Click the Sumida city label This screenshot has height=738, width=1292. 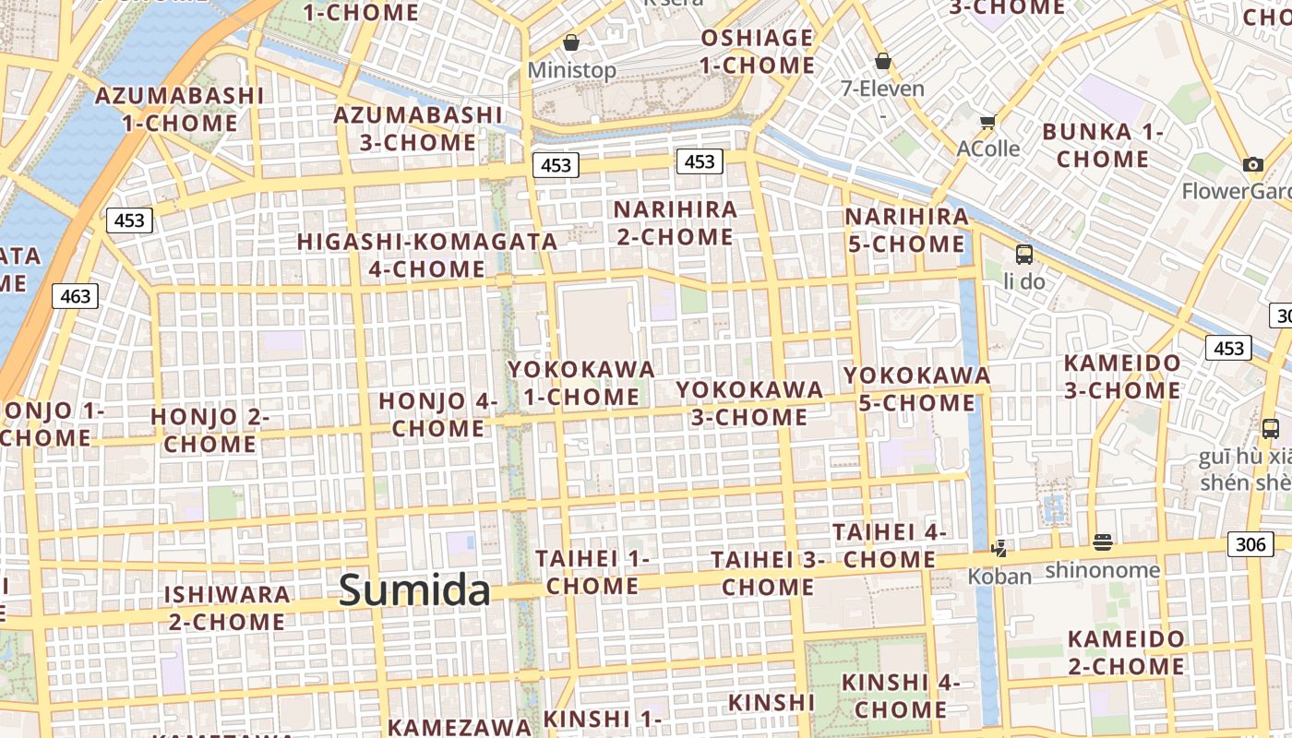coord(414,589)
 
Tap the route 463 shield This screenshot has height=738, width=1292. coord(76,296)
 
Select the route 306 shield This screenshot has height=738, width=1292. coord(1250,544)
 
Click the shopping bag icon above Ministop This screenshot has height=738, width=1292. coord(571,42)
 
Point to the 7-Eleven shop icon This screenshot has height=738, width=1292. coord(883,61)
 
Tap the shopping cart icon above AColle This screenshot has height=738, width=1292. coord(987,121)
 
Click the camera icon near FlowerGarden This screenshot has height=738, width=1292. coord(1252,164)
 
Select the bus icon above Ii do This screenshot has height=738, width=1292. coord(1023,254)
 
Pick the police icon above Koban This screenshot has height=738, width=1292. coord(999,548)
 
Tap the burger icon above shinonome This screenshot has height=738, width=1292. coord(1102,542)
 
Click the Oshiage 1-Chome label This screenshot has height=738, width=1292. coord(757,52)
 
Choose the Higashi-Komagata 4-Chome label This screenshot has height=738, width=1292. coord(427,255)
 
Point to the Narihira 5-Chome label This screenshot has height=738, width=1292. coord(906,231)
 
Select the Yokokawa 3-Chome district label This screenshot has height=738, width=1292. coord(749,403)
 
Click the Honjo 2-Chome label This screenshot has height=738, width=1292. coord(209,430)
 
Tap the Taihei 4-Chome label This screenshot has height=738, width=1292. coord(890,545)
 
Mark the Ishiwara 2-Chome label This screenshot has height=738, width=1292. coord(227,607)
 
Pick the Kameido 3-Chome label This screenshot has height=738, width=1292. coord(1122,376)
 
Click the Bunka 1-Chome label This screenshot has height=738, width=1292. coord(1103,145)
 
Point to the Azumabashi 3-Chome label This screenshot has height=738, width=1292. coord(418,128)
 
